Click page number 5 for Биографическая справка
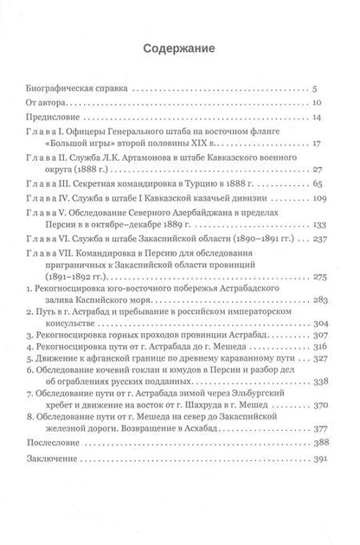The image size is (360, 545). pos(318,88)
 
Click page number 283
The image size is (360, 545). pos(313,302)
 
